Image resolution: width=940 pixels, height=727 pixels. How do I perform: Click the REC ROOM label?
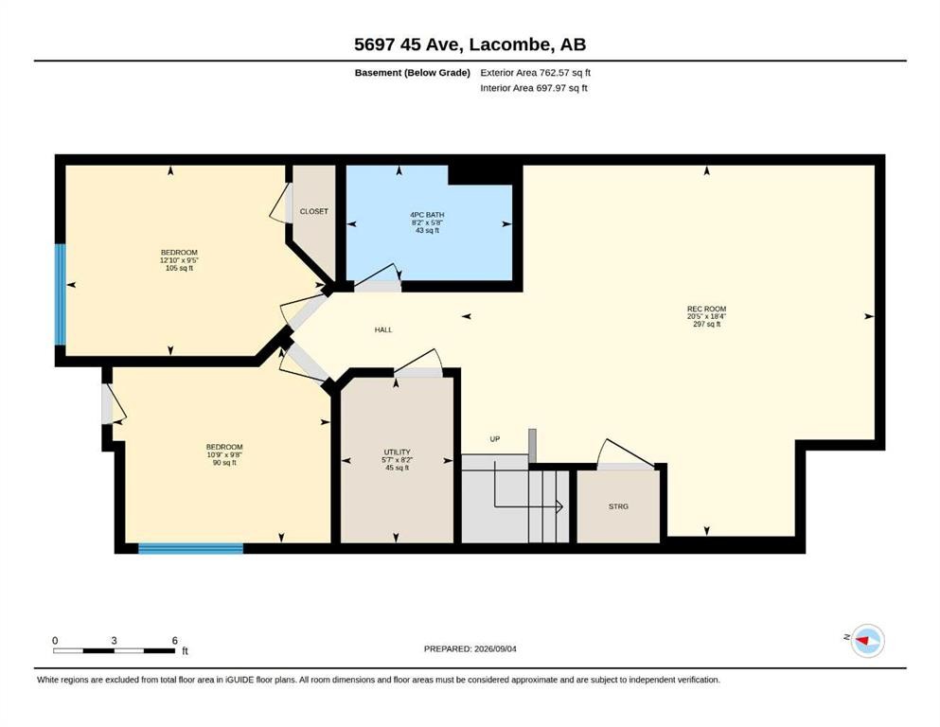[x=706, y=309]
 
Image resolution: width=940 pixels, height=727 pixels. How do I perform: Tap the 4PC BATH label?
[x=427, y=215]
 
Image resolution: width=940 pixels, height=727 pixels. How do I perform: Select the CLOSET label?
[x=314, y=211]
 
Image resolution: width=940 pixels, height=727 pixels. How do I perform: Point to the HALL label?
[x=383, y=329]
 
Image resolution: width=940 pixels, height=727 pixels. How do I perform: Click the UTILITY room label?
[x=397, y=452]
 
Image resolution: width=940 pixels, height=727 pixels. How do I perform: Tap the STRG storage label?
[x=618, y=506]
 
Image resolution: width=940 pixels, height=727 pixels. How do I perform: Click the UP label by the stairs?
[x=494, y=438]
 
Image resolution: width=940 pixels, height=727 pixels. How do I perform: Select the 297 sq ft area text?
[x=707, y=325]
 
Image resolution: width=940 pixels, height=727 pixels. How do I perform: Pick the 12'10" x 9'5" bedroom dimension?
[x=179, y=260]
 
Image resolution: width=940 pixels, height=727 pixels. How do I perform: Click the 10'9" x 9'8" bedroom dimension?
[x=224, y=455]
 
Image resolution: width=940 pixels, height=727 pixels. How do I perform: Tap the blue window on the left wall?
[x=60, y=294]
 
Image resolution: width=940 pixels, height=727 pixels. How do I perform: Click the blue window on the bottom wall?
[x=190, y=548]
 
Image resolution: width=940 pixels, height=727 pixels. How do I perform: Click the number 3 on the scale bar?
[x=114, y=641]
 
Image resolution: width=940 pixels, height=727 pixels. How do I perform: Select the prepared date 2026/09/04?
[x=495, y=648]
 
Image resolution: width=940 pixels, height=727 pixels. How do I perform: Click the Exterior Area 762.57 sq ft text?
[x=536, y=73]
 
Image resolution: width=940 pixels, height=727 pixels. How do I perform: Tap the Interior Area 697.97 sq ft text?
[x=534, y=88]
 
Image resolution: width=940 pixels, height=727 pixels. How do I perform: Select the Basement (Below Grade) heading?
[x=413, y=73]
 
